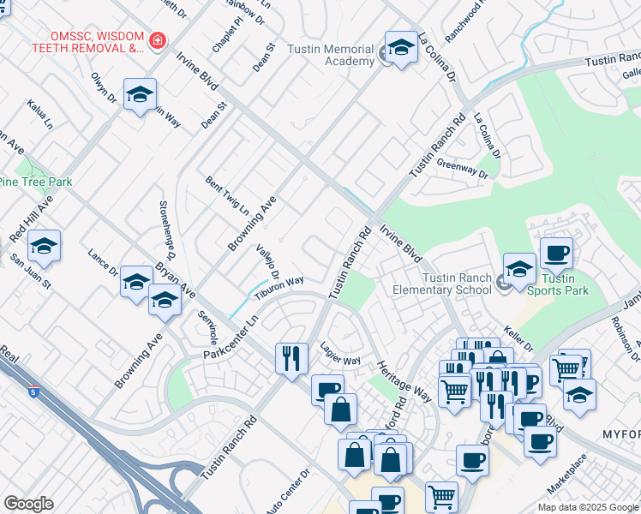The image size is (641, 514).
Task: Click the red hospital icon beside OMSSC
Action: [157, 40]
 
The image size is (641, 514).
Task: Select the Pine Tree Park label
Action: [36, 182]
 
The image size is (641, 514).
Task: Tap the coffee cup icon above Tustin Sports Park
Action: [556, 254]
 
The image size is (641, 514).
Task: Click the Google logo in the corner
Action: [28, 504]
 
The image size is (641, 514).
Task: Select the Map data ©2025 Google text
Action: [587, 507]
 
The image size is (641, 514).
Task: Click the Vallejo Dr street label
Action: [268, 260]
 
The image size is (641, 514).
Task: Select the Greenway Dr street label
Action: [461, 168]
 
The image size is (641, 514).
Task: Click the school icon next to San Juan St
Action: [44, 247]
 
